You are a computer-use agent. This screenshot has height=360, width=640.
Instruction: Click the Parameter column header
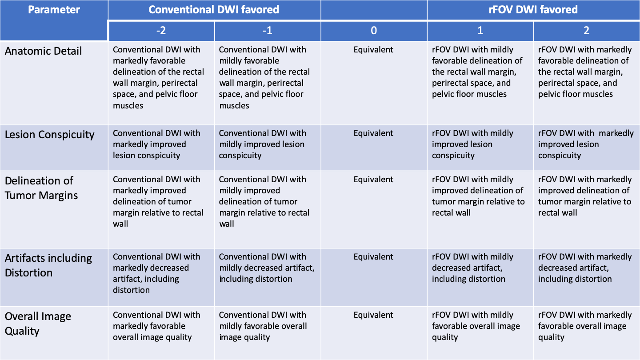pyautogui.click(x=54, y=10)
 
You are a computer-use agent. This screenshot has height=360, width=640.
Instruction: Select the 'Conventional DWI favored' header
pyautogui.click(x=214, y=10)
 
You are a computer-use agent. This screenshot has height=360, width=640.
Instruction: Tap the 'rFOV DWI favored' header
pyautogui.click(x=533, y=10)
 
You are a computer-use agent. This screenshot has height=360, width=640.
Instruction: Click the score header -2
pyautogui.click(x=161, y=30)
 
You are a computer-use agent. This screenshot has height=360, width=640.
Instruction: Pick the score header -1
pyautogui.click(x=267, y=30)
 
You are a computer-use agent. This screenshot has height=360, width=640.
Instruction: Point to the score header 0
pyautogui.click(x=374, y=30)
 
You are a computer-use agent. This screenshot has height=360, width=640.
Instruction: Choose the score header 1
pyautogui.click(x=480, y=30)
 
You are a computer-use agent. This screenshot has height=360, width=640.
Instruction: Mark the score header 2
pyautogui.click(x=587, y=30)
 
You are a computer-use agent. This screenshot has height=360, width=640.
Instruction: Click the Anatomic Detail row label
pyautogui.click(x=44, y=51)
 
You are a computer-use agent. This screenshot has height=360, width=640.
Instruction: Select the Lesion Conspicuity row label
pyautogui.click(x=50, y=135)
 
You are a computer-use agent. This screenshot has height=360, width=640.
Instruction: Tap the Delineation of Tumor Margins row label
pyautogui.click(x=41, y=188)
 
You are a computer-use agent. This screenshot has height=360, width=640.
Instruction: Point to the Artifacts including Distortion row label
pyautogui.click(x=48, y=265)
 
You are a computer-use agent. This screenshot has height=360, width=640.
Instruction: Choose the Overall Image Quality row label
pyautogui.click(x=38, y=324)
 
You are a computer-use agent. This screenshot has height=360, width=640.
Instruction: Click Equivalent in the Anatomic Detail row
pyautogui.click(x=373, y=50)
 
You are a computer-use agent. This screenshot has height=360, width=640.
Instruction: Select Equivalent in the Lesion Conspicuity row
pyautogui.click(x=373, y=133)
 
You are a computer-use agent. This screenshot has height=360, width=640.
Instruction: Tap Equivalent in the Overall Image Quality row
pyautogui.click(x=373, y=315)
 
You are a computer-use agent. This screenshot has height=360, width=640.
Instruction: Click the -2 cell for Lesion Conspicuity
pyautogui.click(x=156, y=144)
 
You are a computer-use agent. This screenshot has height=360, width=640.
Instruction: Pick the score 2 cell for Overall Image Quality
pyautogui.click(x=584, y=326)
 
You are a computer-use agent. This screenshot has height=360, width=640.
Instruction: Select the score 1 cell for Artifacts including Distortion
pyautogui.click(x=472, y=268)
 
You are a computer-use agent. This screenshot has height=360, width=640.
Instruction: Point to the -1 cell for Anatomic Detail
pyautogui.click(x=264, y=77)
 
